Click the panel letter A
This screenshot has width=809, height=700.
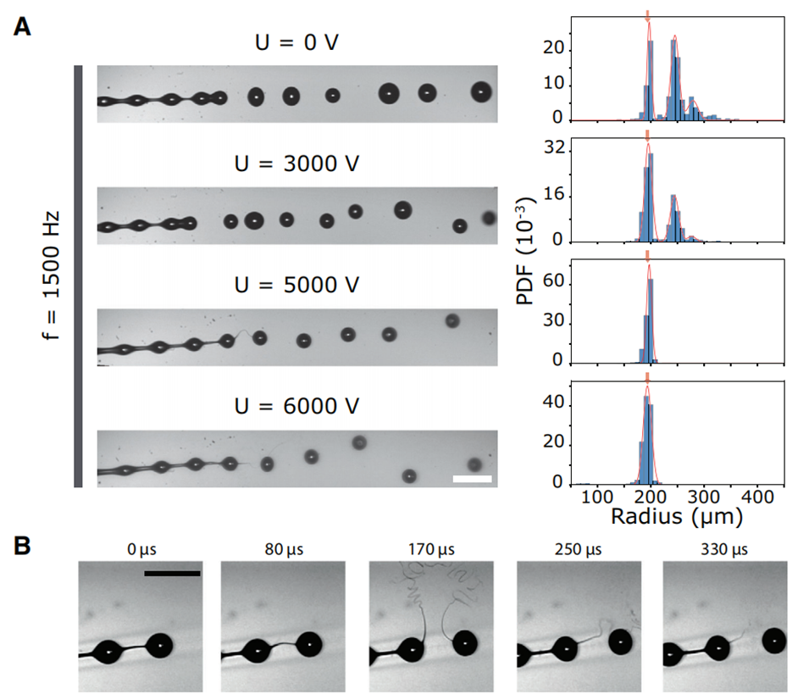pyautogui.click(x=23, y=27)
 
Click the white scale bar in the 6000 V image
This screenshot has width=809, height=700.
pyautogui.click(x=472, y=479)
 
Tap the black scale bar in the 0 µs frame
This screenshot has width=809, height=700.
pyautogui.click(x=172, y=573)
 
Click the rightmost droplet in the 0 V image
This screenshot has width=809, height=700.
pyautogui.click(x=481, y=91)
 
